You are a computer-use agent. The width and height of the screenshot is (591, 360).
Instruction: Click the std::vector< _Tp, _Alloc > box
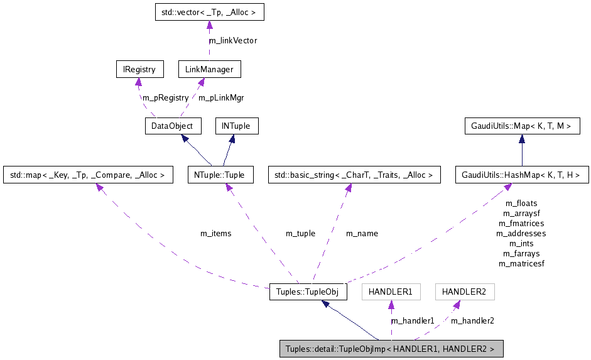pos(209,13)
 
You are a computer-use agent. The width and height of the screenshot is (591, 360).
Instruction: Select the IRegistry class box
pos(139,69)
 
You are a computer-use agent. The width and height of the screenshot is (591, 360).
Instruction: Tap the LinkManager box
pos(209,69)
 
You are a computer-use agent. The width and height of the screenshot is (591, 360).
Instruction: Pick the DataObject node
pos(173,126)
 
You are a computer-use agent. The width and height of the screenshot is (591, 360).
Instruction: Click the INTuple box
pos(236,126)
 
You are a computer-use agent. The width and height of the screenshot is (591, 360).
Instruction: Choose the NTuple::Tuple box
pos(220,175)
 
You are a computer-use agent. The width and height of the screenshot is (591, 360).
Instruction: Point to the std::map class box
pos(88,175)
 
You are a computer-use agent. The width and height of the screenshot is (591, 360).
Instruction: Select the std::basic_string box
pos(354,175)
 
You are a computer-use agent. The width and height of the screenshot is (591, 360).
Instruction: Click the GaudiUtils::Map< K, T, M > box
pos(521,126)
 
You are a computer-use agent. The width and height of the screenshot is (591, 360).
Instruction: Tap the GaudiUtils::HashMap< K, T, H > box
pos(521,175)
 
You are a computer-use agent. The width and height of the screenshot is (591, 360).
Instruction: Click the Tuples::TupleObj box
pos(308,292)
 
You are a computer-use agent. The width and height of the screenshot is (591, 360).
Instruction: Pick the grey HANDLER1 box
pos(390,292)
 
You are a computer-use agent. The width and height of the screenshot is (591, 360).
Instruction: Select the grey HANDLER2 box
pos(464,292)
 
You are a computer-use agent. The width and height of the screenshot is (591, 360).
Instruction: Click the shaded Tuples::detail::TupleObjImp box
pos(391,349)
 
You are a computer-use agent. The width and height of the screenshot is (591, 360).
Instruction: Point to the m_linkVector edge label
pos(233,41)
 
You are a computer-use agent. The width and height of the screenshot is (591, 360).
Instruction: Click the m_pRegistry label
pos(165,97)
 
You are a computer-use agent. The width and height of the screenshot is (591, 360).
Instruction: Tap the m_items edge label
pos(215,234)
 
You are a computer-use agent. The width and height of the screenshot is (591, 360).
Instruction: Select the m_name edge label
pos(362,234)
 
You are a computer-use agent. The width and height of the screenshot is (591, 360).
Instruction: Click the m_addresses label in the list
pos(521,234)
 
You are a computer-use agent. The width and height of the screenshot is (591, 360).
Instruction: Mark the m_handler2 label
pos(472,321)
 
